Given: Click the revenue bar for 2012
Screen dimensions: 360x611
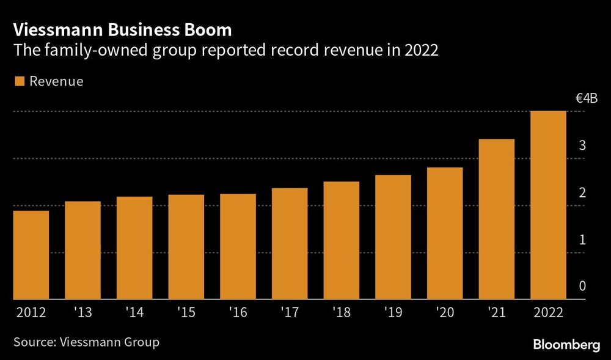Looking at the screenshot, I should point(31,255).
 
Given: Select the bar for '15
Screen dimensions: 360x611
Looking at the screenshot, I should point(186,247).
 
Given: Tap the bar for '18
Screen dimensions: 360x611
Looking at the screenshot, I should point(342,240).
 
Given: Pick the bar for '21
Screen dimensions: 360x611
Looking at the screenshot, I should point(497,219).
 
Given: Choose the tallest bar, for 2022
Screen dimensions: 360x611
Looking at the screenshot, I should point(549,205).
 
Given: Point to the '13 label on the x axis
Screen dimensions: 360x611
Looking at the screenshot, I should point(82,312).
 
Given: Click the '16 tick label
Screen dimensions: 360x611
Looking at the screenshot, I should point(238,312).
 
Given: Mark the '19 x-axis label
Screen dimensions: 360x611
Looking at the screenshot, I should point(393,312).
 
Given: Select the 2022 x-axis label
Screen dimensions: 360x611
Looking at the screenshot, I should point(549,312).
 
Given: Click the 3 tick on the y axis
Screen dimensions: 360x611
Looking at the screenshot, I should point(583,145).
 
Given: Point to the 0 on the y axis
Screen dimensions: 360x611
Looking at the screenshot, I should point(583,286).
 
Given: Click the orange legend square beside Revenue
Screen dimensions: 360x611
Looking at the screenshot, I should point(18,81).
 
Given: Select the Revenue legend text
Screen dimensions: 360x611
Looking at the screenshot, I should point(56,81).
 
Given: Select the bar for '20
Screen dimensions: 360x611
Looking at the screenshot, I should point(445,233).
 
